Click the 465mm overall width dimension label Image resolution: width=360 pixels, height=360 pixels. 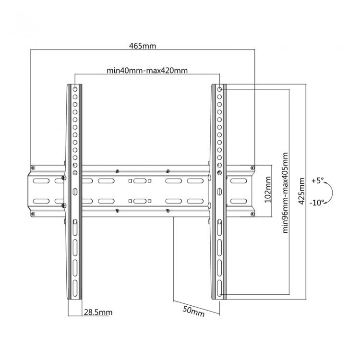pos(143,46)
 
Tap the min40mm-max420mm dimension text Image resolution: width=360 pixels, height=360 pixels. pos(147,71)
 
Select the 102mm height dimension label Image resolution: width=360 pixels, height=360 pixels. pos(268,190)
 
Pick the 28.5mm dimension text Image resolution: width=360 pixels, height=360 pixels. pos(98,312)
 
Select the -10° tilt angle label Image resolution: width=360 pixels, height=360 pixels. pos(317,202)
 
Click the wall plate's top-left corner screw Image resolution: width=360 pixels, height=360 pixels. pos(32,168)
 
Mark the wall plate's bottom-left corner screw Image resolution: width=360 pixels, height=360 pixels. pos(32,213)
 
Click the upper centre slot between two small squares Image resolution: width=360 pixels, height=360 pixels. pos(140,181)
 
